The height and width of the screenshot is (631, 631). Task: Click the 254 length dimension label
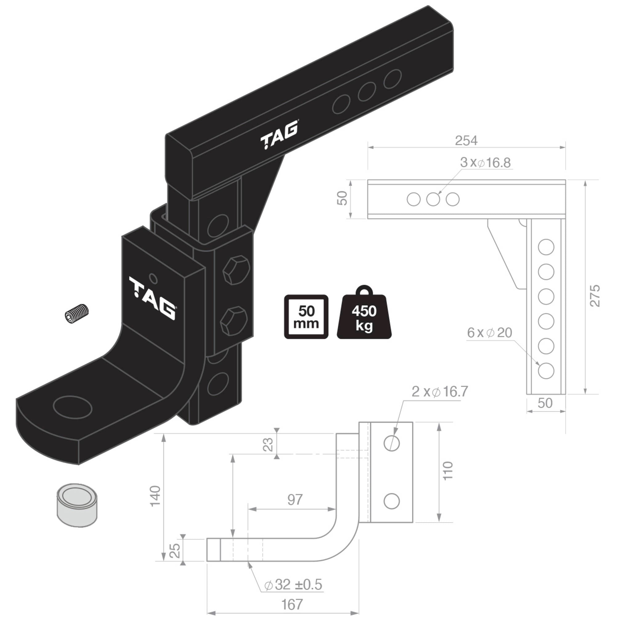(466, 141)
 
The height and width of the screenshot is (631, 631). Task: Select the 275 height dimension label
(595, 295)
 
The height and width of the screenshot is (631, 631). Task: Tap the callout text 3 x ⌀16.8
(485, 163)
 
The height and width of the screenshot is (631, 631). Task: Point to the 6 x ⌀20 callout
(489, 333)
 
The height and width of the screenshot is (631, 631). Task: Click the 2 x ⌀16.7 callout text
(440, 392)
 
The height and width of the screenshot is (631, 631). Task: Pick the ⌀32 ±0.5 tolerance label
(293, 584)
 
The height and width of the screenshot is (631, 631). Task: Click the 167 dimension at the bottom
(292, 605)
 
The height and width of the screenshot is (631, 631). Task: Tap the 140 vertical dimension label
(156, 496)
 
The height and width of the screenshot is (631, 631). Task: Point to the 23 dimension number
(268, 445)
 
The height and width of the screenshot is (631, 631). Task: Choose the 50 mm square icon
(306, 317)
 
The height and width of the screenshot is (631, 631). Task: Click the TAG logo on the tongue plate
(153, 298)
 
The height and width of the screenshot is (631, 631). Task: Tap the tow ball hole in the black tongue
(72, 407)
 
